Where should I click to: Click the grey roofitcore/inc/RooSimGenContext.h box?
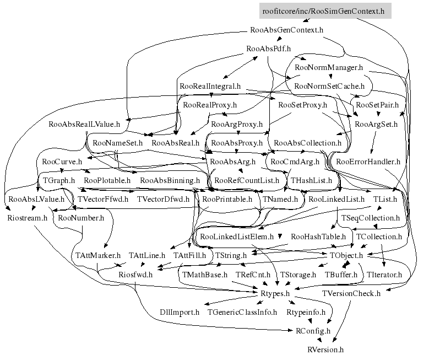click(x=325, y=11)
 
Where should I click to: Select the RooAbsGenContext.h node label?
click(x=286, y=30)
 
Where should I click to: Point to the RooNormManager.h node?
click(x=329, y=67)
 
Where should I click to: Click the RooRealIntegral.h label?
click(x=210, y=87)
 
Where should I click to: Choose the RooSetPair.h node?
click(x=377, y=105)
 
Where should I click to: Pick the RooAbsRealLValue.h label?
click(x=84, y=124)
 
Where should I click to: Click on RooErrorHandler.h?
click(x=368, y=162)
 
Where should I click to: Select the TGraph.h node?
click(x=59, y=180)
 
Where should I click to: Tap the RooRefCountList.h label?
click(x=247, y=180)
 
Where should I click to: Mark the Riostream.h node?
click(x=27, y=218)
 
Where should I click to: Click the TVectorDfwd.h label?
click(x=163, y=199)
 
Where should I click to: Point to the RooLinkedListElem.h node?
click(x=237, y=237)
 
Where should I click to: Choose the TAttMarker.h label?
click(x=97, y=256)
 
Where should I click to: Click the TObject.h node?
click(x=346, y=256)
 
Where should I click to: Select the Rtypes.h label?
click(x=275, y=293)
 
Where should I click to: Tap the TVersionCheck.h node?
click(x=351, y=293)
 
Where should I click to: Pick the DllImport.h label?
click(x=180, y=313)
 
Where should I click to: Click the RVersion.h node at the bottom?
click(x=325, y=350)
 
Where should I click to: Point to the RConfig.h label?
click(x=313, y=331)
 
